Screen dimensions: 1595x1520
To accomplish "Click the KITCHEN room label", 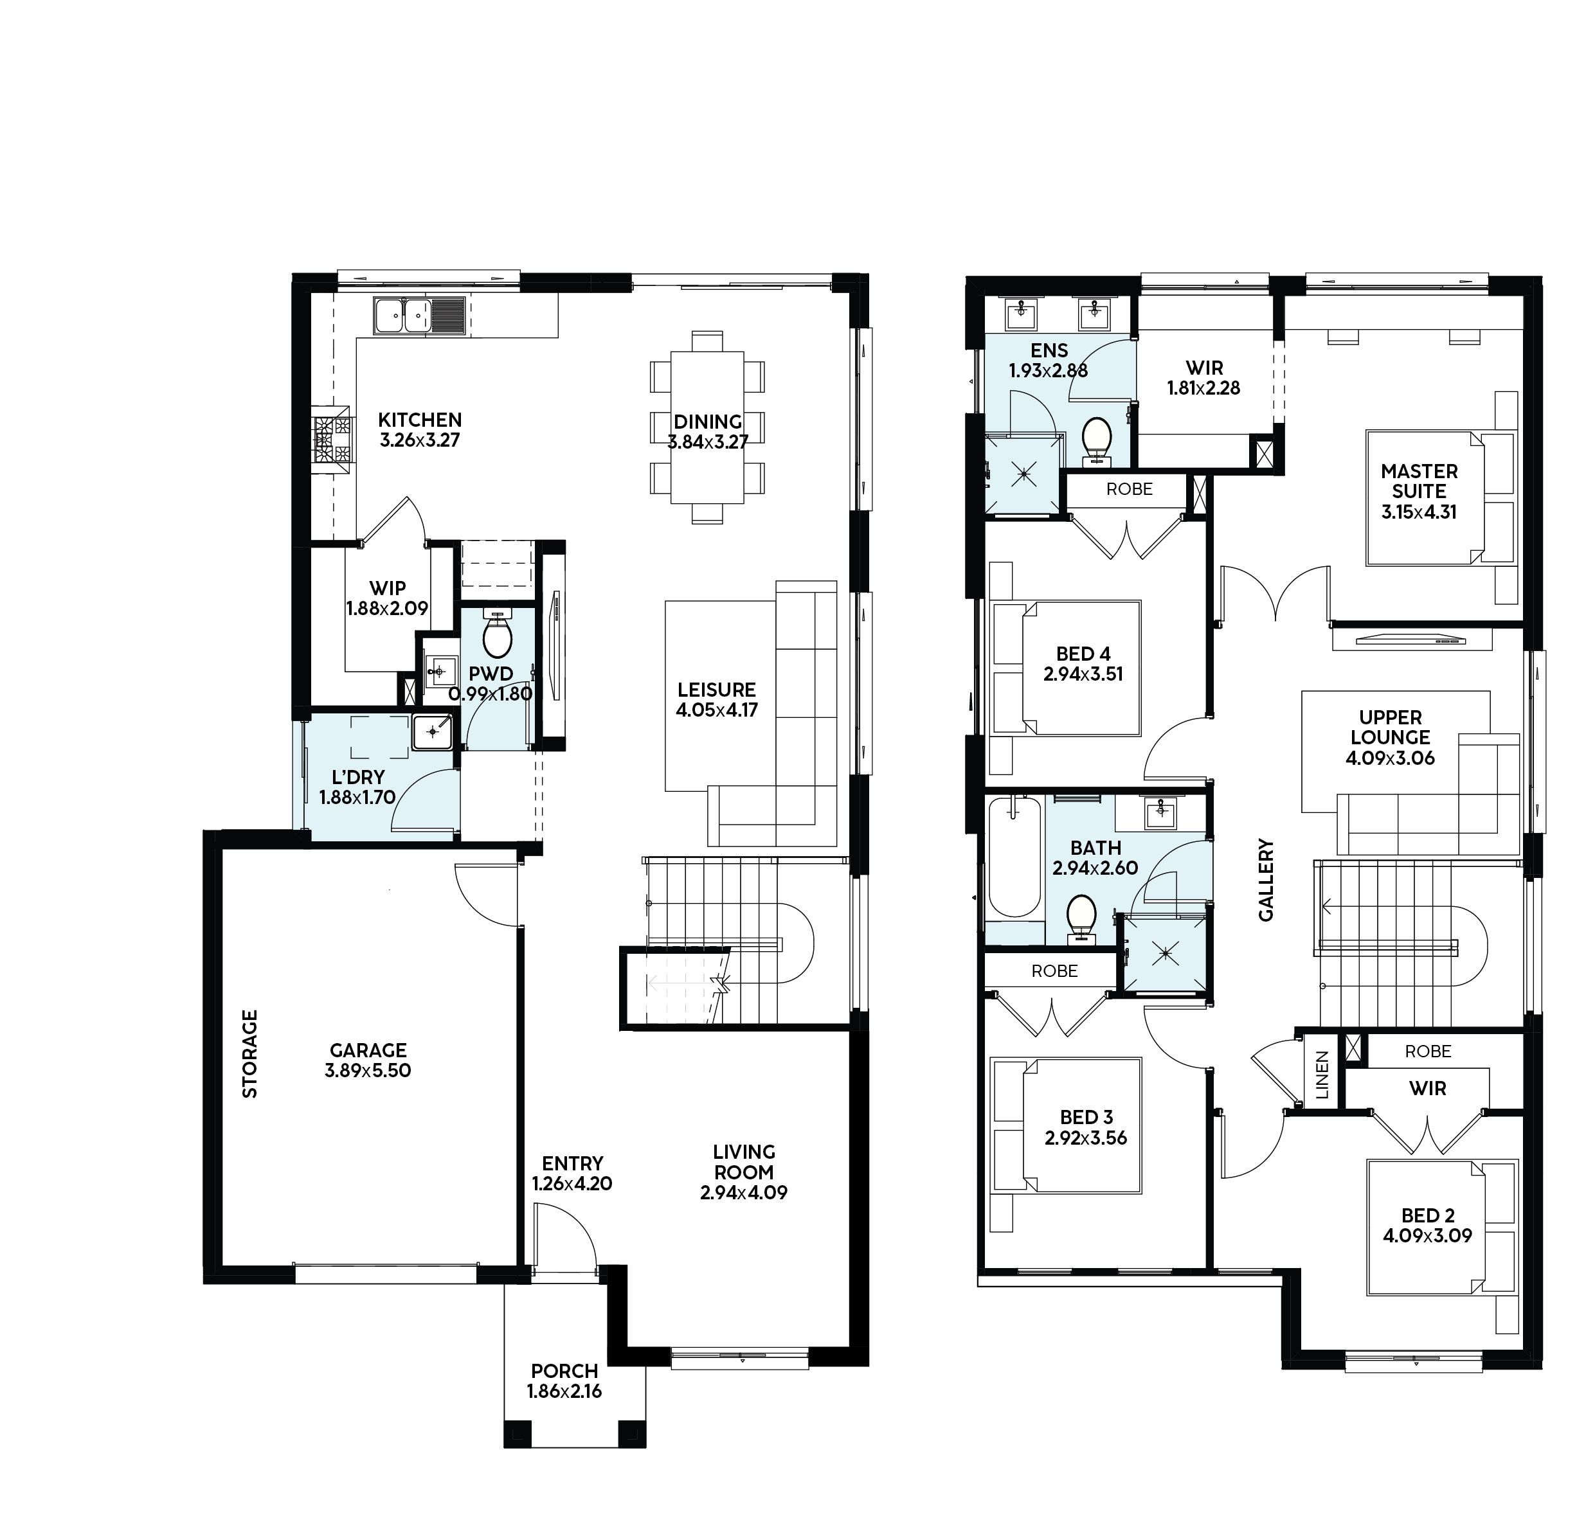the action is (420, 420).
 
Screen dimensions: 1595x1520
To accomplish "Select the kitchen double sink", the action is (403, 314).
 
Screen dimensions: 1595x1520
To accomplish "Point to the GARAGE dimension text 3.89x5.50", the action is (368, 1070).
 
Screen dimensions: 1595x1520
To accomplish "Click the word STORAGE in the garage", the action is (251, 1053).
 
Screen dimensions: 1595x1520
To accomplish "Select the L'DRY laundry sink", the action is (433, 733).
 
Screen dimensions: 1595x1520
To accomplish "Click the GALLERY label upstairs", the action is (1266, 880).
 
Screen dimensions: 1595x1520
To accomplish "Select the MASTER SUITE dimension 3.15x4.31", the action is (1419, 512).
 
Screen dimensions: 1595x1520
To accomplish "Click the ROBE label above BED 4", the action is (1129, 489).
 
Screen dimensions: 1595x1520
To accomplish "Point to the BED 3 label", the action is (1085, 1117).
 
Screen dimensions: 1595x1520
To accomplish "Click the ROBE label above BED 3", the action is (1054, 970).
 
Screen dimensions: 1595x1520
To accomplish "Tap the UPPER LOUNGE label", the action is (1391, 727).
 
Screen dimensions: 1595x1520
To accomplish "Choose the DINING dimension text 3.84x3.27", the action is (708, 442).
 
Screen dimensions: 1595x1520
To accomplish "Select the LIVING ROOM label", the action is (744, 1162).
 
